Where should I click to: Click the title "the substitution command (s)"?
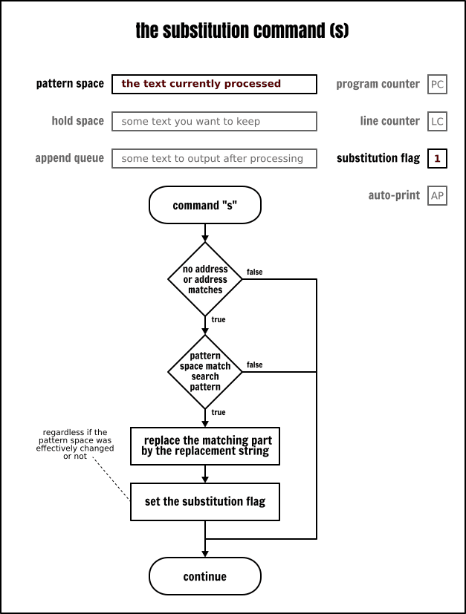pyautogui.click(x=242, y=31)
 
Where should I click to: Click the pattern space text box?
pyautogui.click(x=214, y=84)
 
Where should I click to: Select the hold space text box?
pyautogui.click(x=214, y=121)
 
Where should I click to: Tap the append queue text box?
pyautogui.click(x=214, y=158)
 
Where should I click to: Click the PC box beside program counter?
pyautogui.click(x=438, y=84)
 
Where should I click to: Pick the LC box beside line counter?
pyautogui.click(x=438, y=121)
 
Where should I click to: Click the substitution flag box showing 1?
pyautogui.click(x=438, y=158)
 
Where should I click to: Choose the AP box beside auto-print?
pyautogui.click(x=438, y=195)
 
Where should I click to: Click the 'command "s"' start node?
pyautogui.click(x=205, y=206)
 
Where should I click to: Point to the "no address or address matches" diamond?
pyautogui.click(x=205, y=279)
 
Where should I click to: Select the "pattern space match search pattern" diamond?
pyautogui.click(x=205, y=371)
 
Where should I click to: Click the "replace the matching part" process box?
pyautogui.click(x=205, y=445)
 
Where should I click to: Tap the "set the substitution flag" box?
pyautogui.click(x=205, y=501)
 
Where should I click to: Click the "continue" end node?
pyautogui.click(x=205, y=577)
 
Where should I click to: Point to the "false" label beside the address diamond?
pyautogui.click(x=254, y=272)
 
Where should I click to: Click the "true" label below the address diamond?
pyautogui.click(x=219, y=319)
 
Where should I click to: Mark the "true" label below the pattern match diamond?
pyautogui.click(x=219, y=412)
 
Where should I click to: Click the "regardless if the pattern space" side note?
pyautogui.click(x=75, y=444)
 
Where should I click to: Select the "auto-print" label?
pyautogui.click(x=394, y=195)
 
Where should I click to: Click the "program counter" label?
pyautogui.click(x=378, y=84)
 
